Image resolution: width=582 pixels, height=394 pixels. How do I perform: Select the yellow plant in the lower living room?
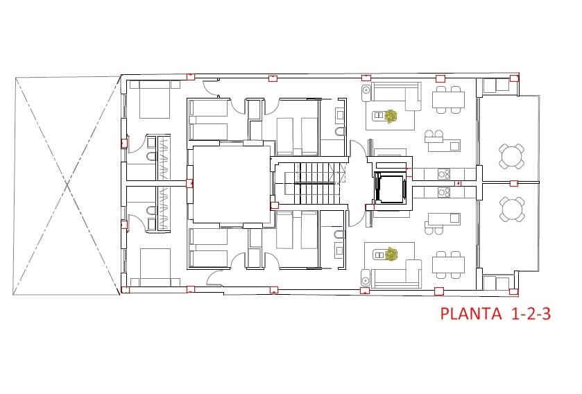point(391,255)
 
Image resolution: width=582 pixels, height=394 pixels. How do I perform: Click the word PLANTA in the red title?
point(471,314)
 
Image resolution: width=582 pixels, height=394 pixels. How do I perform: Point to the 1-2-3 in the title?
point(531,314)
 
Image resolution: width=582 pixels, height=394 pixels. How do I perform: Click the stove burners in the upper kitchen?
point(443,173)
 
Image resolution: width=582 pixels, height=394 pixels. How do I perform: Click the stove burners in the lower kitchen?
point(443,192)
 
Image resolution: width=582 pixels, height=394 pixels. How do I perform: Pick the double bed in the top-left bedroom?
point(154,101)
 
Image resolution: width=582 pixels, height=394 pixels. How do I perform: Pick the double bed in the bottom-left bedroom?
point(154,267)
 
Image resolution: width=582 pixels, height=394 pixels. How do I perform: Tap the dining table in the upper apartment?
point(449,99)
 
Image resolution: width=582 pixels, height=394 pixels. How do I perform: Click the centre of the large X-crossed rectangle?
point(67,185)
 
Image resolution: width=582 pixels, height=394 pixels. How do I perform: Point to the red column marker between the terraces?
point(513,183)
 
